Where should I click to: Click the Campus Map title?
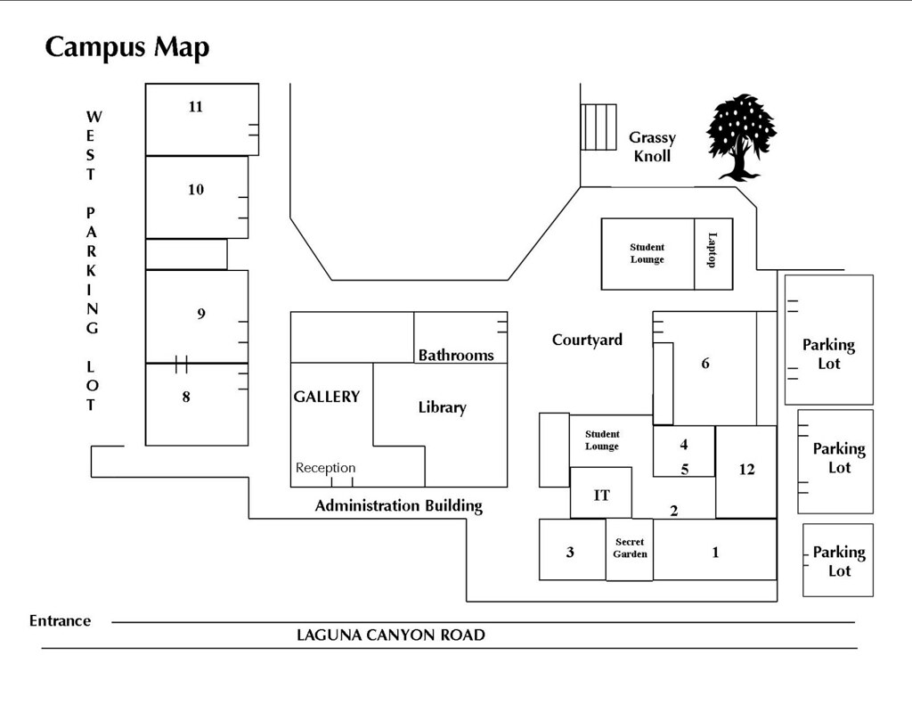[127, 46]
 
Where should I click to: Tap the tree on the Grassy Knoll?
[740, 136]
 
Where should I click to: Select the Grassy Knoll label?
[652, 146]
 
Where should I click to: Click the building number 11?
[196, 107]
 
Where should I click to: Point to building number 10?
[196, 189]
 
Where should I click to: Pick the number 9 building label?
[201, 314]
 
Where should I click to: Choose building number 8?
[186, 398]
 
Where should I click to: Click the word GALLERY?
[327, 397]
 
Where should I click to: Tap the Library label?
[442, 407]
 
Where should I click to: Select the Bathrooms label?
[456, 355]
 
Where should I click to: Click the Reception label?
[325, 468]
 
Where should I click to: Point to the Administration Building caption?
[398, 506]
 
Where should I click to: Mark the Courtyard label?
[587, 340]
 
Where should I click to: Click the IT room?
[602, 495]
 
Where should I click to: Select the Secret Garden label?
[630, 548]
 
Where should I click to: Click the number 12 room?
[746, 470]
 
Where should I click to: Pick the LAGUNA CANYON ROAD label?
[390, 635]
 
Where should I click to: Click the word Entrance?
[60, 621]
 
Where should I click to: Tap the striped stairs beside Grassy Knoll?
[598, 127]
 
